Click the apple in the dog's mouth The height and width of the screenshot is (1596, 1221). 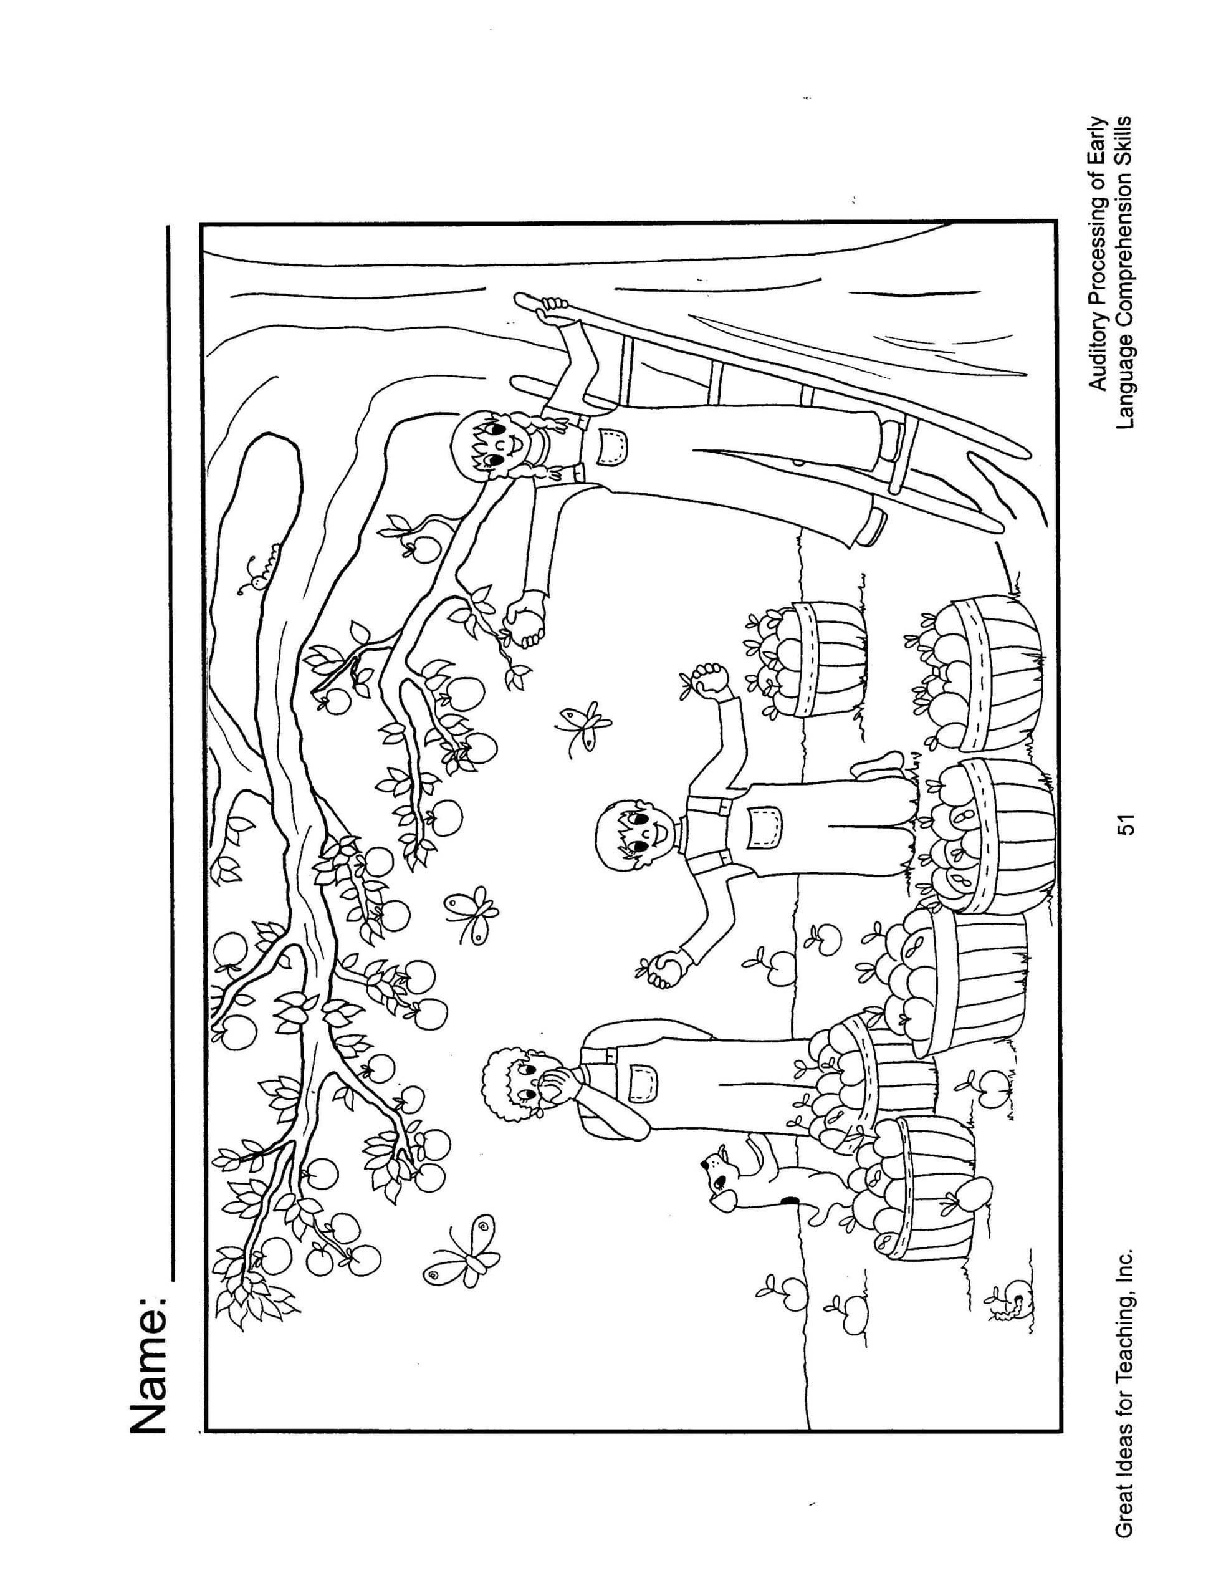723,1202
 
